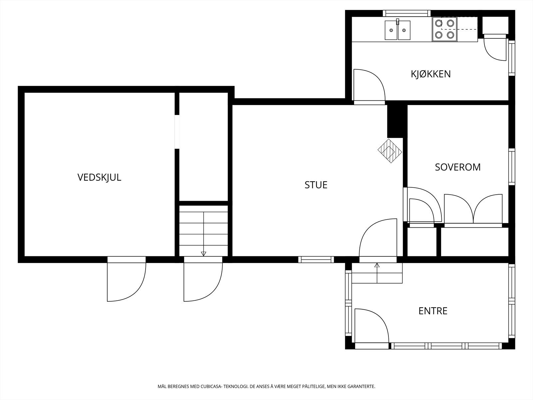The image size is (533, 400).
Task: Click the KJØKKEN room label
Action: (x=430, y=74)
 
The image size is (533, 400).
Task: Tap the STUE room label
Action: (x=316, y=185)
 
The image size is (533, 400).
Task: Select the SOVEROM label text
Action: (x=458, y=167)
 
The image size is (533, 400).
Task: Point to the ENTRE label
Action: (x=433, y=311)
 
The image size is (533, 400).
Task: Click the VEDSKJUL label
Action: (x=99, y=178)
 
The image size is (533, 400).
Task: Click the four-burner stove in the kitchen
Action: (x=445, y=29)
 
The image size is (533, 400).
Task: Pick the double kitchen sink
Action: (x=397, y=30)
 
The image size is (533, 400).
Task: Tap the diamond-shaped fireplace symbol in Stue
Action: (x=390, y=151)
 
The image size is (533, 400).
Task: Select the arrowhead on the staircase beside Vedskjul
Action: (x=204, y=254)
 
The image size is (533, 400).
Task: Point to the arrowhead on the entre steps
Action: (x=377, y=265)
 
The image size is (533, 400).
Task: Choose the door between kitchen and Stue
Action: (x=369, y=87)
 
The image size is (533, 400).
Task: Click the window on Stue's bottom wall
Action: (x=316, y=260)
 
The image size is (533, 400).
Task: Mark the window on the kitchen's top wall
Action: (x=407, y=13)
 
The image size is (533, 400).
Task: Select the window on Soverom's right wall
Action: (x=512, y=167)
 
